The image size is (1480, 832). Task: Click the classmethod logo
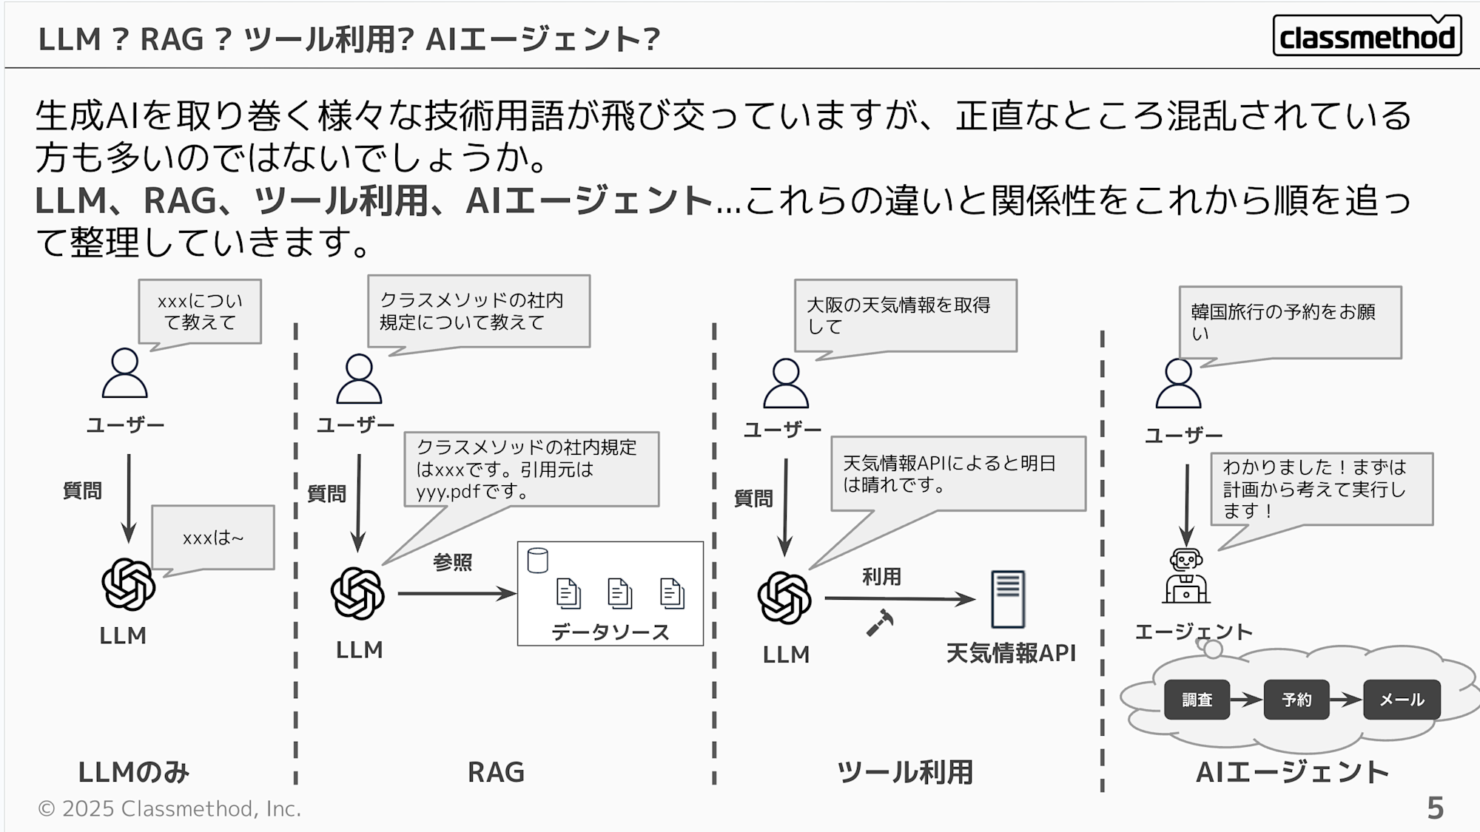1366,36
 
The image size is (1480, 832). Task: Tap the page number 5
1435,808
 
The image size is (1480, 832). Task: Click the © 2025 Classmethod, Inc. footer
169,808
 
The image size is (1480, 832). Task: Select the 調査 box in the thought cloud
1197,700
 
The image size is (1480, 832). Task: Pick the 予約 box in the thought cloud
1296,700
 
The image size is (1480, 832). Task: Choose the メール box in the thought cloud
1402,700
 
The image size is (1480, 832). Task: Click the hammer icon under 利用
880,622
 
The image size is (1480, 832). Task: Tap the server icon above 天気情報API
1008,599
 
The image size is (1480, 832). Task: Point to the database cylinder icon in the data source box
538,561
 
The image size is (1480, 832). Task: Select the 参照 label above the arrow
452,563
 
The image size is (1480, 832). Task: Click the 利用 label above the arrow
881,577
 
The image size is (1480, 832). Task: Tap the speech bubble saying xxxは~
213,538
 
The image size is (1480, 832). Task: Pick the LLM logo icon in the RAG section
357,594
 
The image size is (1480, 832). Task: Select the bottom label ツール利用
904,772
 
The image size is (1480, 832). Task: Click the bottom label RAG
496,772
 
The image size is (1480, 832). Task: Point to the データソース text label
610,632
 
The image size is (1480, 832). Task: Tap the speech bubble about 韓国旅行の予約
1290,322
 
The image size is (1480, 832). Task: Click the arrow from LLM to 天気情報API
899,598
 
